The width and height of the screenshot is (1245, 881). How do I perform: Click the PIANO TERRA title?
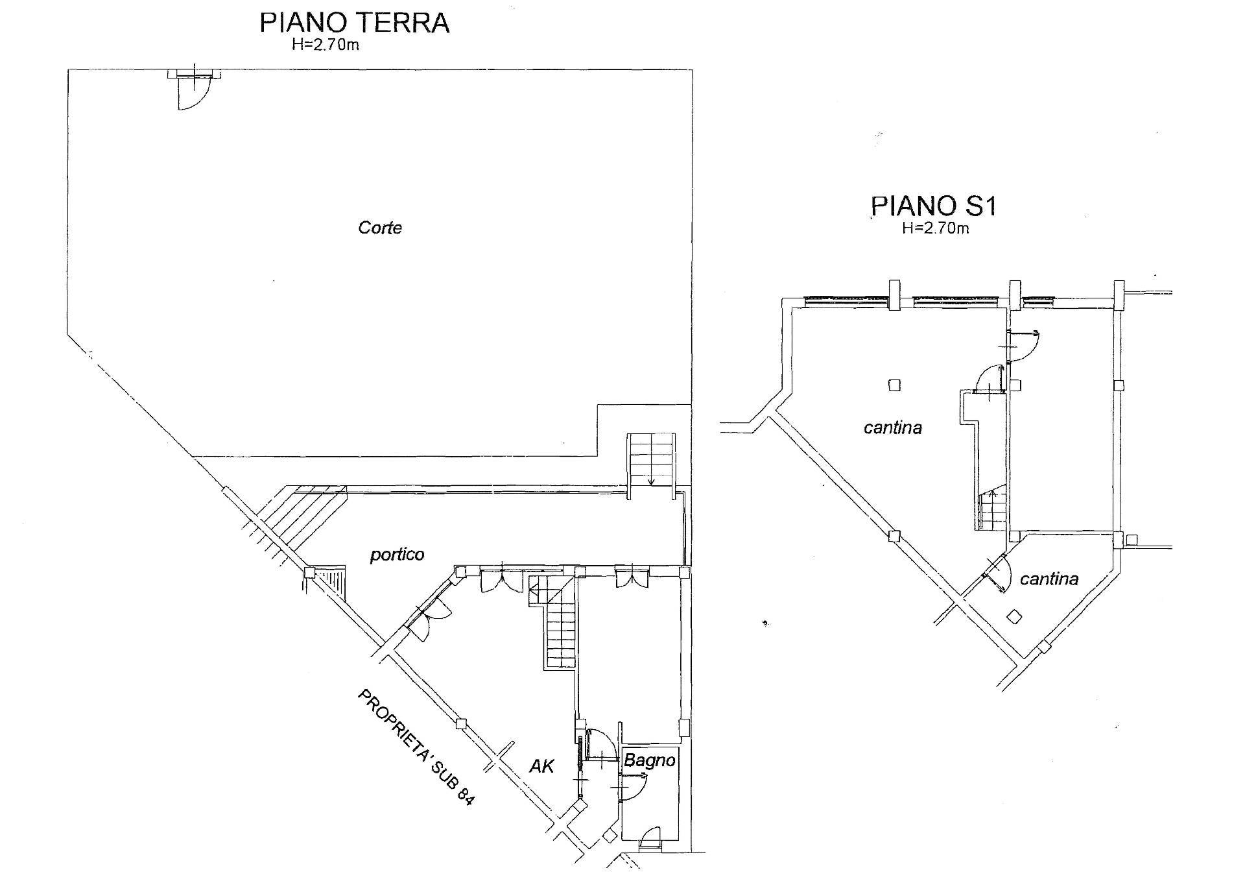point(354,22)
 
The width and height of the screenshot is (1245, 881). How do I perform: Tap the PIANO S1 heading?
point(933,206)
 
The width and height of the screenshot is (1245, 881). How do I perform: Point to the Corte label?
point(380,228)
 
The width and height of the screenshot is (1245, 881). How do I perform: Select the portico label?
point(397,555)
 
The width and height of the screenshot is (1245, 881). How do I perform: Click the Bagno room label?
point(650,761)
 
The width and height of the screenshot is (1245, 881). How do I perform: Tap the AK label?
point(542,766)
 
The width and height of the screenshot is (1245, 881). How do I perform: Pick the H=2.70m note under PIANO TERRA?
point(326,45)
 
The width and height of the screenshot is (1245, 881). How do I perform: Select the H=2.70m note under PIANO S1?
point(935,228)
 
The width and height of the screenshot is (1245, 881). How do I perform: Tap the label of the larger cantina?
point(893,428)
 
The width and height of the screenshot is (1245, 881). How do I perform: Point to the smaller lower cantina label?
point(1049,579)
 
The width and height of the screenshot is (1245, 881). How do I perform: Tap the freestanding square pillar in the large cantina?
point(894,385)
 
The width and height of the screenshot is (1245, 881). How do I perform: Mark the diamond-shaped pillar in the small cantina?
point(1015,617)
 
